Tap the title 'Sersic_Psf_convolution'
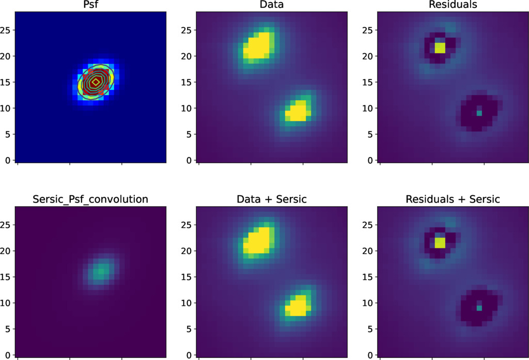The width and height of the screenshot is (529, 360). (x=90, y=199)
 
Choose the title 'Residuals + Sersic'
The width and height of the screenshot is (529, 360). (x=453, y=199)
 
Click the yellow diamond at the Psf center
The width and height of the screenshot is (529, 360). (x=96, y=82)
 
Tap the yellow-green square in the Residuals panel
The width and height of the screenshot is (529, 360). (x=440, y=48)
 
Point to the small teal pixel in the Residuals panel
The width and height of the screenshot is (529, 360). (x=479, y=113)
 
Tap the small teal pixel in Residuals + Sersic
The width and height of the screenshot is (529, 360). (x=479, y=307)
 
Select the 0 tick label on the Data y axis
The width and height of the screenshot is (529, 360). (x=190, y=160)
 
